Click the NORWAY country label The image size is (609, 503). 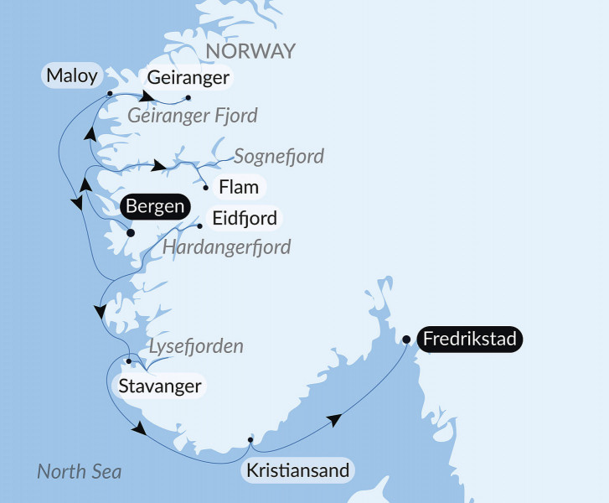(x=250, y=50)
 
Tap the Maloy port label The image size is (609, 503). (x=71, y=77)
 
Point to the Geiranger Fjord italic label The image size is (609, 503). (x=193, y=116)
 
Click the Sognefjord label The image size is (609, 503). (x=279, y=156)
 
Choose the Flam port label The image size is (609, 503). (x=238, y=186)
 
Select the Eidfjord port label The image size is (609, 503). (x=245, y=220)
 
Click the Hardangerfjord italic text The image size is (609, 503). (x=226, y=247)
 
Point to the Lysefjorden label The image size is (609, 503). (x=196, y=346)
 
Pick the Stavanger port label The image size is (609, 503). (x=159, y=386)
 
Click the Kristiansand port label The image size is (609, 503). (x=297, y=470)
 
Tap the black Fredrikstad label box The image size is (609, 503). (x=471, y=340)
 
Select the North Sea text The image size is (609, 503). (x=80, y=472)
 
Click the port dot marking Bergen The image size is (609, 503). (x=130, y=234)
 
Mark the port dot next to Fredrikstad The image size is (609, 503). (x=406, y=340)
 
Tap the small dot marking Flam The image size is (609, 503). (x=206, y=188)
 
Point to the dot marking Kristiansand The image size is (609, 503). (x=250, y=439)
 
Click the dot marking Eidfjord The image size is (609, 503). (x=199, y=225)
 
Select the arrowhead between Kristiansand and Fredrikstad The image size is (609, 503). (x=334, y=420)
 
